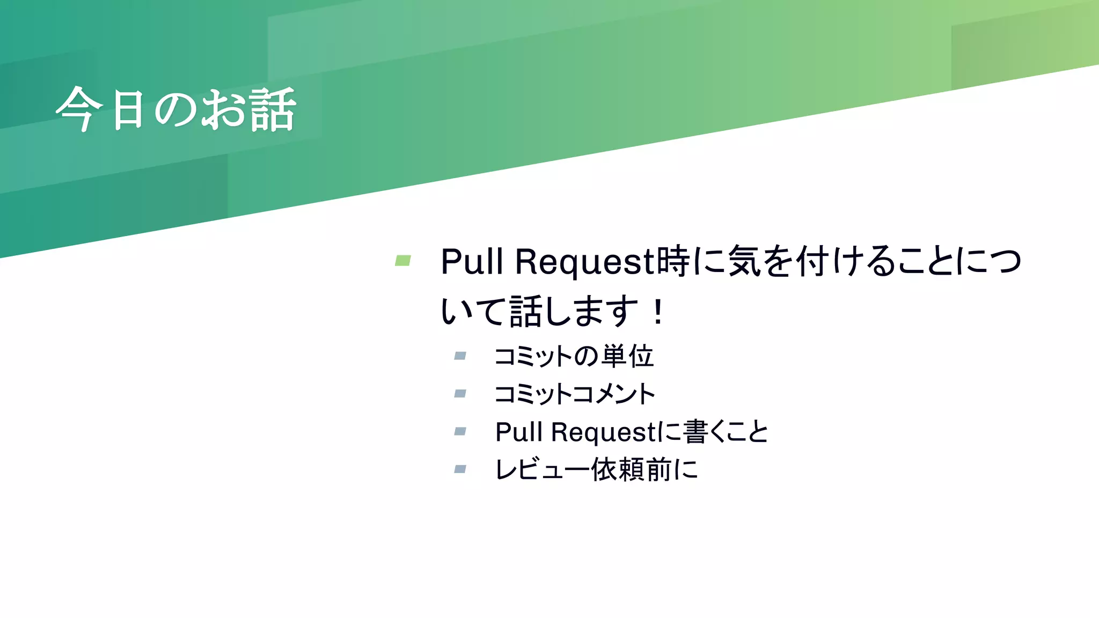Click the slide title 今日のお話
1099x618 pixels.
point(175,109)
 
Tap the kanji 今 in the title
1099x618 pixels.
point(79,109)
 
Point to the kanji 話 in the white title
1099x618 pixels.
point(273,109)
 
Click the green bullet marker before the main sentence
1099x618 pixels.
point(403,261)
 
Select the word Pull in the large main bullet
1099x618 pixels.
point(472,262)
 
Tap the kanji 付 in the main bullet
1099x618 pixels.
point(813,261)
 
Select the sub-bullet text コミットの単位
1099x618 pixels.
point(574,356)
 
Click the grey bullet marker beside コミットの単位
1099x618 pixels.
point(460,356)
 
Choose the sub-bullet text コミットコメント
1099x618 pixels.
point(575,394)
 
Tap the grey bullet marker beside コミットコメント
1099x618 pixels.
point(460,394)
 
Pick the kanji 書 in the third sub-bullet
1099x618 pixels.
point(696,432)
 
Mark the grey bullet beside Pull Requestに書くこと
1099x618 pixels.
point(460,431)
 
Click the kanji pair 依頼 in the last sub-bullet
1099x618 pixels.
point(618,470)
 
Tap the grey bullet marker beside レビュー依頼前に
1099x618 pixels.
point(460,469)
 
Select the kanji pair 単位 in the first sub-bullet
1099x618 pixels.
point(627,356)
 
